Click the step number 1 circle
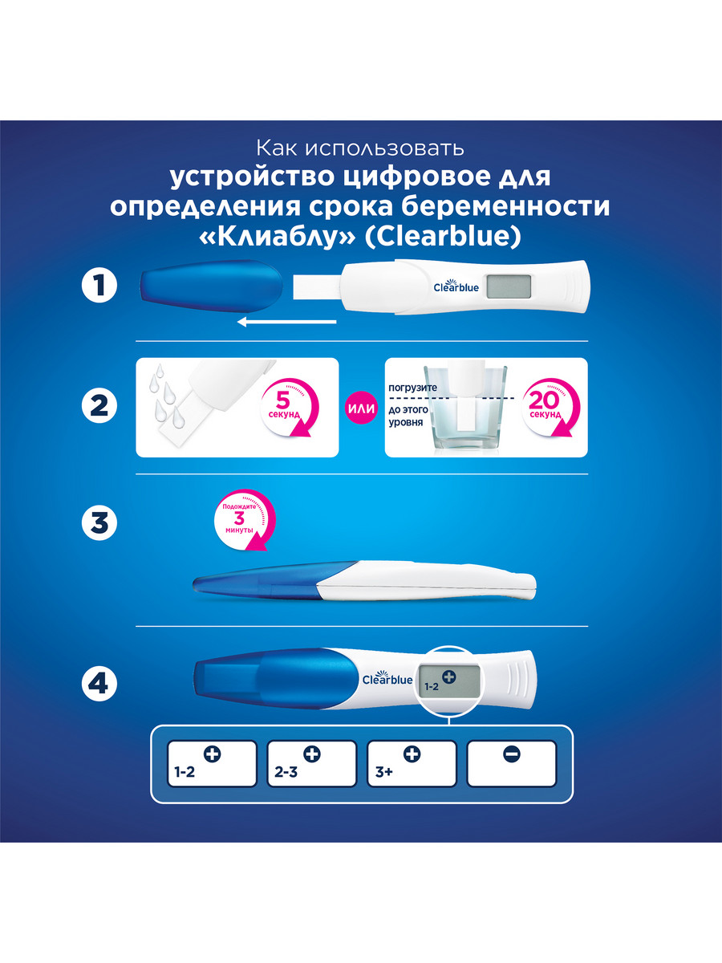(99, 286)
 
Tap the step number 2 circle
(99, 405)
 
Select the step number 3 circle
(99, 522)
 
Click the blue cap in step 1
(211, 286)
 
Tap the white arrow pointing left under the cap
(286, 323)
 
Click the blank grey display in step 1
(509, 287)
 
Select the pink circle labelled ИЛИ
(362, 408)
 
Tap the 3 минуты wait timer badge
(244, 519)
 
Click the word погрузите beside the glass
(412, 388)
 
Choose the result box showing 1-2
(212, 764)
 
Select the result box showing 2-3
(312, 764)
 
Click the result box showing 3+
(412, 764)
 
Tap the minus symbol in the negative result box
(512, 754)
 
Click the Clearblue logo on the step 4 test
(387, 678)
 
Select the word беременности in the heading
(506, 206)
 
